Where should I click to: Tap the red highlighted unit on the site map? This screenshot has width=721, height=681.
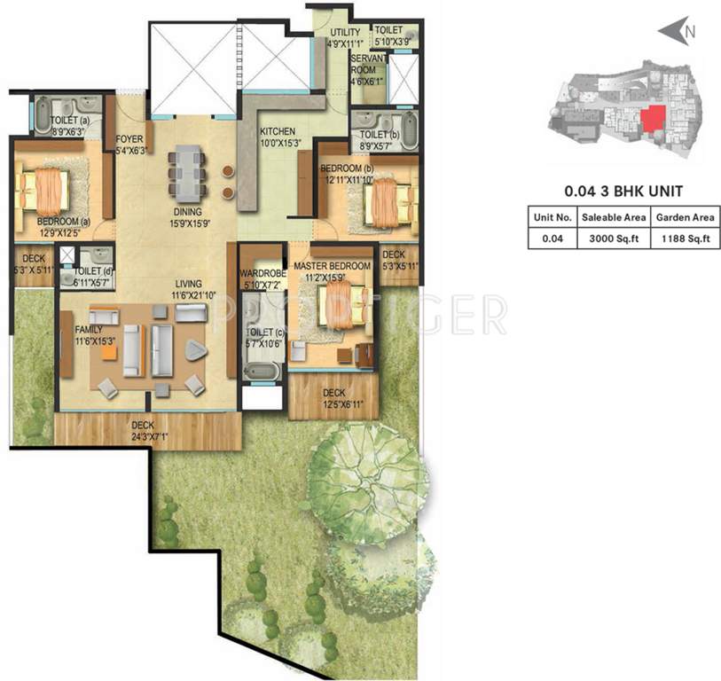(x=653, y=119)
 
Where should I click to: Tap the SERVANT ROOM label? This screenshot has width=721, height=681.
(x=366, y=64)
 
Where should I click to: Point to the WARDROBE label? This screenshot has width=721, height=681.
(x=260, y=275)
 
